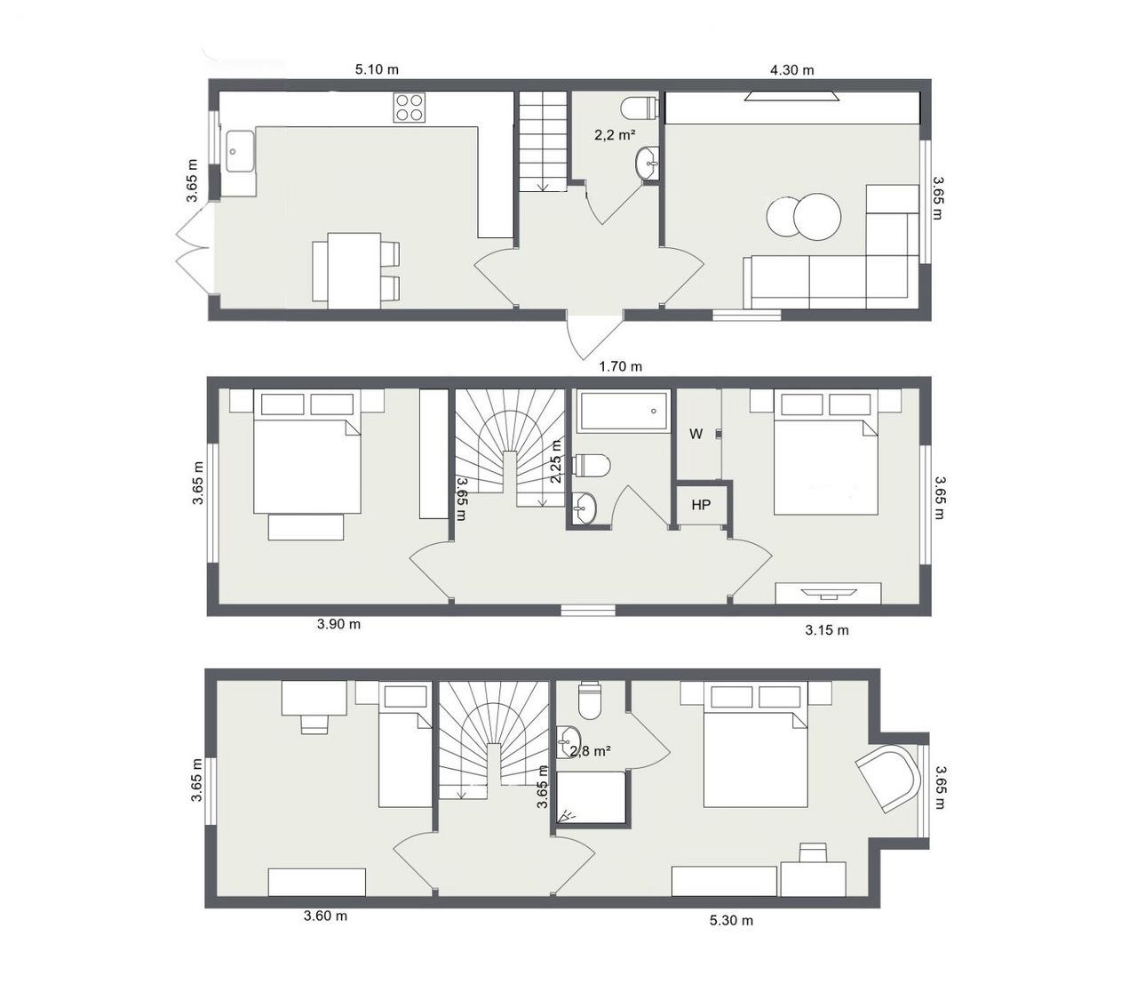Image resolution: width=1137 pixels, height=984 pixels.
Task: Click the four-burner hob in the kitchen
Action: click(409, 108)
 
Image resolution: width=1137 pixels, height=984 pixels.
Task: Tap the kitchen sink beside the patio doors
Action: click(240, 150)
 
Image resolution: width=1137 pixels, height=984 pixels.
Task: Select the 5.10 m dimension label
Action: click(377, 69)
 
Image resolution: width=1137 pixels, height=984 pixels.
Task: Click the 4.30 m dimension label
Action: click(791, 70)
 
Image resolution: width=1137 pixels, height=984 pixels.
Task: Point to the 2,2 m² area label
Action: click(615, 135)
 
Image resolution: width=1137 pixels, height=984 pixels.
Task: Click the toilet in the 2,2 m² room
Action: click(640, 108)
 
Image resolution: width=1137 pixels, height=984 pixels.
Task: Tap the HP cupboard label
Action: click(701, 505)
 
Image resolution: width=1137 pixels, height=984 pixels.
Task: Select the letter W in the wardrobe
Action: click(696, 434)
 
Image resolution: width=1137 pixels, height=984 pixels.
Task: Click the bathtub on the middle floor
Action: click(624, 411)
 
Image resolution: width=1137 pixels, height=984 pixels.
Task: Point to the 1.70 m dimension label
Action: click(621, 366)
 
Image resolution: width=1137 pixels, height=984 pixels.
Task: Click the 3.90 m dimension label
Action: click(338, 624)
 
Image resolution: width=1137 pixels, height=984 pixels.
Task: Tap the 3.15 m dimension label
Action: click(827, 631)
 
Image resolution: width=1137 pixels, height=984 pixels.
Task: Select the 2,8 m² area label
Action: click(592, 750)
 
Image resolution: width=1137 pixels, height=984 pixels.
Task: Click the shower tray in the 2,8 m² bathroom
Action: click(592, 797)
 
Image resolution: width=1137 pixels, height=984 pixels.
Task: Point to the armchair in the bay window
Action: click(889, 778)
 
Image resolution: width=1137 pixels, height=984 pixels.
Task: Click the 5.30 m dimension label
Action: click(731, 920)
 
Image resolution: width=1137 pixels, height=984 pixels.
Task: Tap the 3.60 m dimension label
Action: click(326, 916)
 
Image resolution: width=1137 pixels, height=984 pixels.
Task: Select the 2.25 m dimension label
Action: click(556, 461)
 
